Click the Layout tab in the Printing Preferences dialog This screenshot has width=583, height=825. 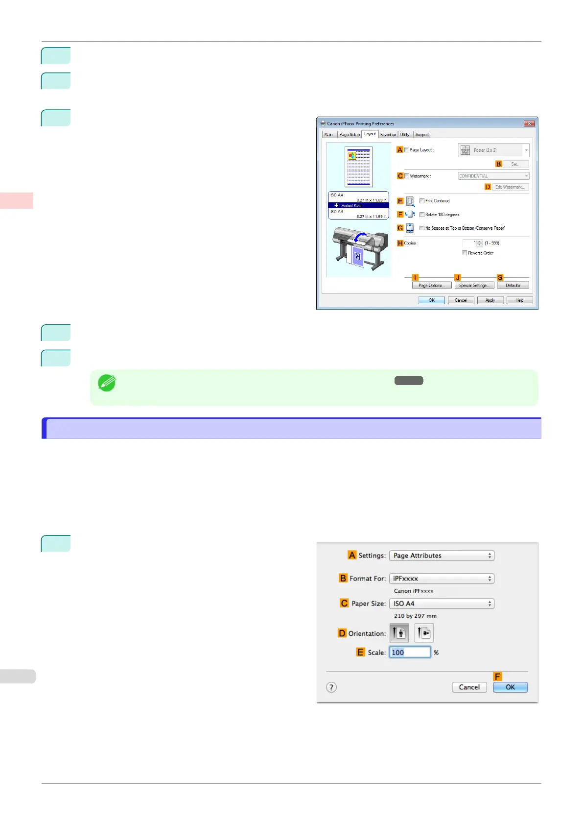click(x=370, y=134)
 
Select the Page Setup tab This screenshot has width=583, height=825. click(x=350, y=135)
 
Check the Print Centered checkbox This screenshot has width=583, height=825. click(x=422, y=201)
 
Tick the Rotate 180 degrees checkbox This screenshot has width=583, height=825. click(x=422, y=215)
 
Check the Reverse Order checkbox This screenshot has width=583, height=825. click(x=465, y=253)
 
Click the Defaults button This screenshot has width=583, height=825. click(x=513, y=285)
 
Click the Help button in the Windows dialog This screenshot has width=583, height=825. click(x=519, y=300)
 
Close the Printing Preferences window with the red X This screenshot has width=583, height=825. click(x=529, y=123)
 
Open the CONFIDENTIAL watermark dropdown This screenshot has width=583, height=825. click(x=493, y=176)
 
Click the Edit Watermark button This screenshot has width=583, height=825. click(x=509, y=187)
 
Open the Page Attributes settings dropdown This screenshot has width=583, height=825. click(x=442, y=556)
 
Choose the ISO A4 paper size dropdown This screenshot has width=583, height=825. click(x=442, y=604)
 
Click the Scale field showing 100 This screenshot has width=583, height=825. click(x=410, y=653)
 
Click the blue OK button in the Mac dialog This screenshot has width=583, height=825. click(x=510, y=687)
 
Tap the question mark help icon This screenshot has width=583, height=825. click(x=331, y=687)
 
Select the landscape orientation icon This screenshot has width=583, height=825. click(x=424, y=633)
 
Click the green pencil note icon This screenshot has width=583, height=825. click(x=107, y=383)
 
